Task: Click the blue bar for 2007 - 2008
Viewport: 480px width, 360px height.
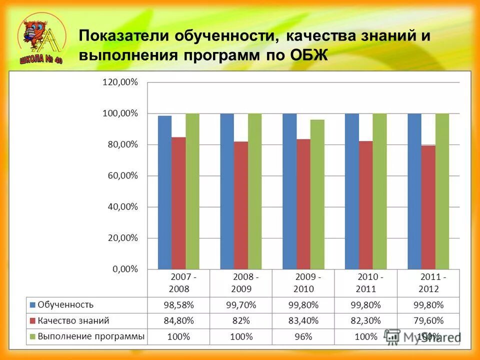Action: click(164, 192)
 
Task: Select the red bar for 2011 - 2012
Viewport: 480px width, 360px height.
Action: click(428, 207)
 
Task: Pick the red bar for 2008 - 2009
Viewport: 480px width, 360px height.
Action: click(240, 205)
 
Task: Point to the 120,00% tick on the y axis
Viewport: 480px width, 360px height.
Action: click(120, 82)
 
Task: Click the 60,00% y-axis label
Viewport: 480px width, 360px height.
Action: click(120, 175)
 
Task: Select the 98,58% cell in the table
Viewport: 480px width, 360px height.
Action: click(178, 304)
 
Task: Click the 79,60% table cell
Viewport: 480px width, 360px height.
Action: click(428, 320)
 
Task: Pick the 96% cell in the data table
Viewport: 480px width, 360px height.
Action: click(303, 336)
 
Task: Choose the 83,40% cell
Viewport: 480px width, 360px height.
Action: click(303, 320)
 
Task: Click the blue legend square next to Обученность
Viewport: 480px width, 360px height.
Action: click(33, 304)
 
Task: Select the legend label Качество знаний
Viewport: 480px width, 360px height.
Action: click(73, 320)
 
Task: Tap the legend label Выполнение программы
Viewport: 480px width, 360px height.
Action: click(91, 336)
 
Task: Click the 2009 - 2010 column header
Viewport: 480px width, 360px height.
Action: click(303, 282)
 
